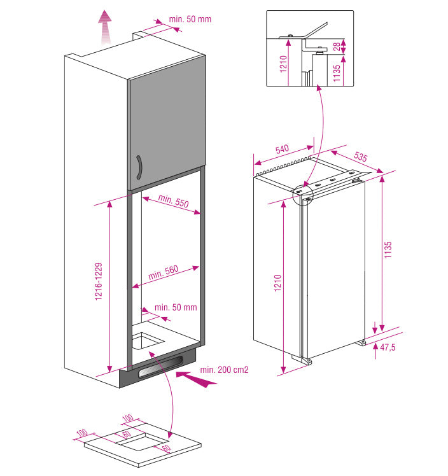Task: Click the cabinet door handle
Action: click(x=139, y=169)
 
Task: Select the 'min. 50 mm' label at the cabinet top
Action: click(x=190, y=19)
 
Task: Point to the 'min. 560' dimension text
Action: click(x=164, y=273)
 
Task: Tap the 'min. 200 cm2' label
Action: click(x=223, y=370)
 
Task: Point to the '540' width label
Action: click(x=282, y=150)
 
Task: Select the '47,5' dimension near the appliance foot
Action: click(x=388, y=347)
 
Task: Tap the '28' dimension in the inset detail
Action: click(x=344, y=46)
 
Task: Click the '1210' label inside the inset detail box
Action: click(x=283, y=64)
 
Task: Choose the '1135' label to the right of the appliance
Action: click(x=389, y=250)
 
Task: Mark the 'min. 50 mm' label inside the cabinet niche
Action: click(x=176, y=307)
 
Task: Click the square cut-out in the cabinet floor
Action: click(x=147, y=342)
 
